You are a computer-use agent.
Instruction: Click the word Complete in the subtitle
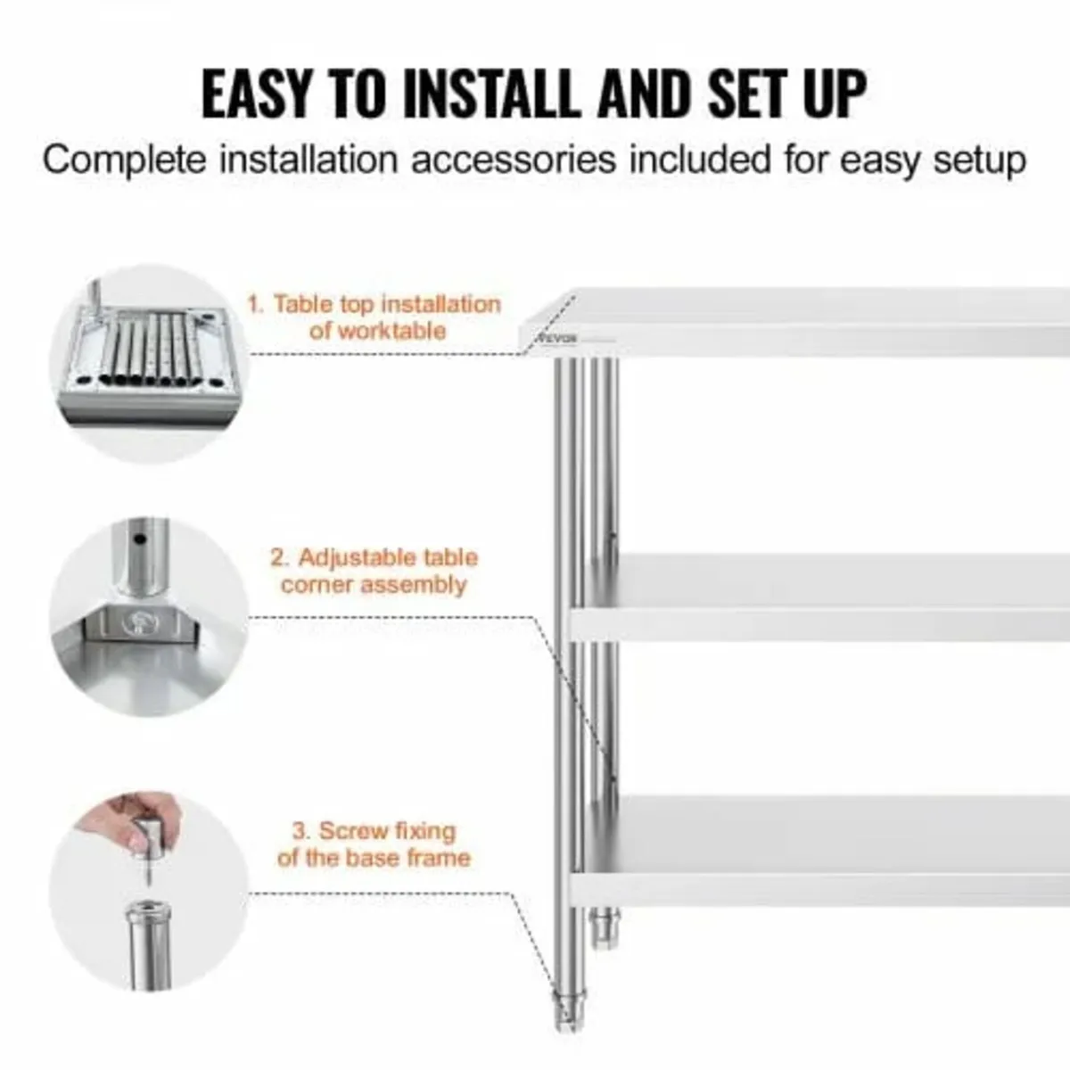(x=124, y=161)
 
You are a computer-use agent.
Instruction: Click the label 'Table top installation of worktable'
(x=374, y=317)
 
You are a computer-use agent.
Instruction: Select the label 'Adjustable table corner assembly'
(x=374, y=571)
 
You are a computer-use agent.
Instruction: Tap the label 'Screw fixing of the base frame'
(x=374, y=844)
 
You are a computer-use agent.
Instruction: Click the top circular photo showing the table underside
(x=147, y=364)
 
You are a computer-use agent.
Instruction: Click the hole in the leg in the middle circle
(x=139, y=540)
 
